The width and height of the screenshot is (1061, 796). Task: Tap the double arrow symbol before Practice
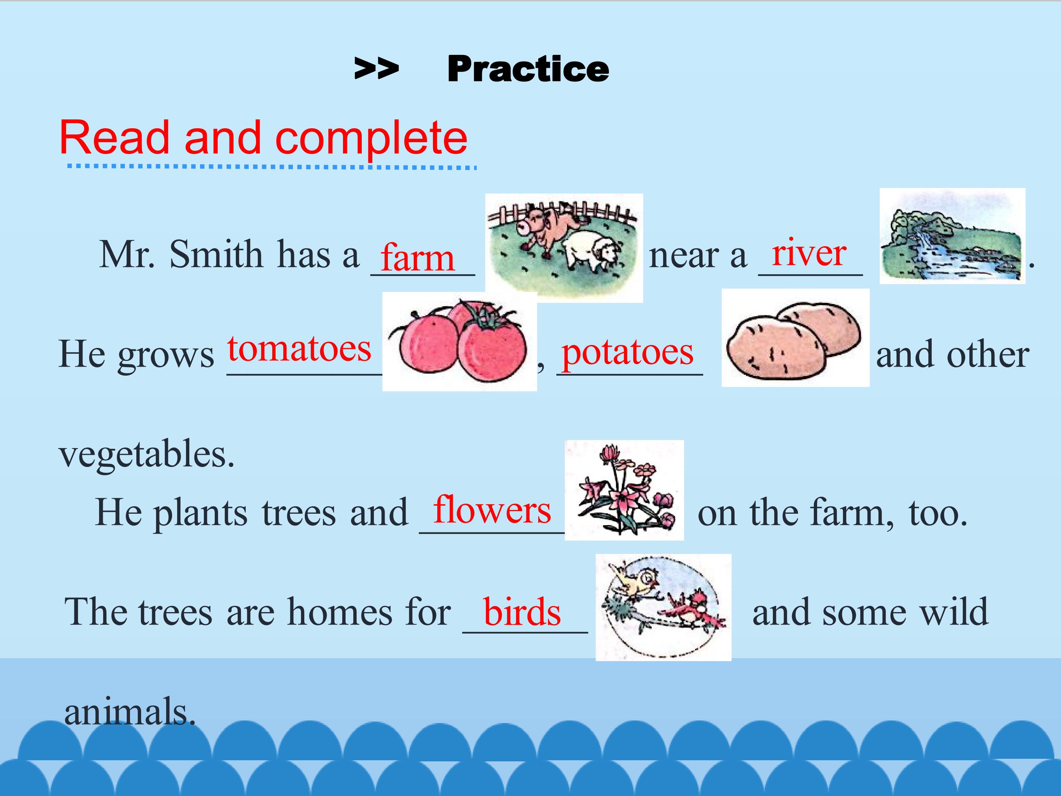click(377, 68)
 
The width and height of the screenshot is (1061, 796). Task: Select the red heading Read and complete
click(263, 138)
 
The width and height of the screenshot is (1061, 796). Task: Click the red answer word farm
click(417, 258)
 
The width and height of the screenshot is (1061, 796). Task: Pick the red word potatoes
click(627, 353)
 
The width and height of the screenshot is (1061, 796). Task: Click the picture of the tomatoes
click(459, 341)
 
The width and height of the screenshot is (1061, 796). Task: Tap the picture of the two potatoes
click(795, 338)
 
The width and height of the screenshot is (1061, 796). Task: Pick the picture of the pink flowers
click(624, 490)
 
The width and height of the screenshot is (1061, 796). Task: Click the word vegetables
click(147, 454)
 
